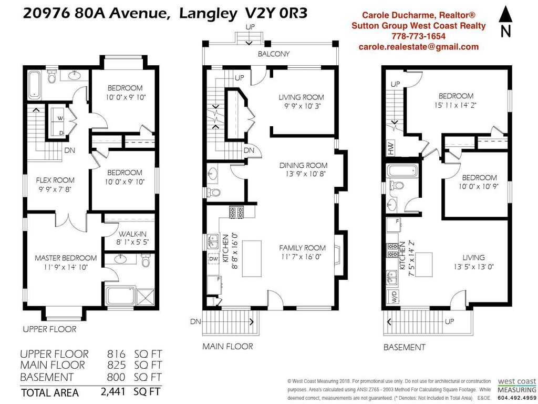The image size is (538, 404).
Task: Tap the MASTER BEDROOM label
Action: pyautogui.click(x=66, y=258)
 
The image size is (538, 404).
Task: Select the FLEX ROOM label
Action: pyautogui.click(x=55, y=180)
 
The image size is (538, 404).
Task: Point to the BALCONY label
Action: pyautogui.click(x=273, y=54)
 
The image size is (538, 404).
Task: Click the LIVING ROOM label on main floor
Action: pyautogui.click(x=301, y=97)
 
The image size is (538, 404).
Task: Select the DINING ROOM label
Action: pyautogui.click(x=303, y=165)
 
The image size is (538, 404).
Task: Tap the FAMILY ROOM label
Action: pyautogui.click(x=302, y=248)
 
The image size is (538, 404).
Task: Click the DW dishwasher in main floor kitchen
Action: pyautogui.click(x=213, y=259)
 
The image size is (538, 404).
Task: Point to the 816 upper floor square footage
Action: pyautogui.click(x=115, y=354)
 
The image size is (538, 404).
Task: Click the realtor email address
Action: pyautogui.click(x=419, y=46)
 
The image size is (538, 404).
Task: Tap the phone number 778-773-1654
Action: pyautogui.click(x=419, y=36)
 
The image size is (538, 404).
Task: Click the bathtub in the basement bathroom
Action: pyautogui.click(x=402, y=170)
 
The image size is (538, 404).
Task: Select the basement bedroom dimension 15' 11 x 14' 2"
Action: pyautogui.click(x=456, y=105)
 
